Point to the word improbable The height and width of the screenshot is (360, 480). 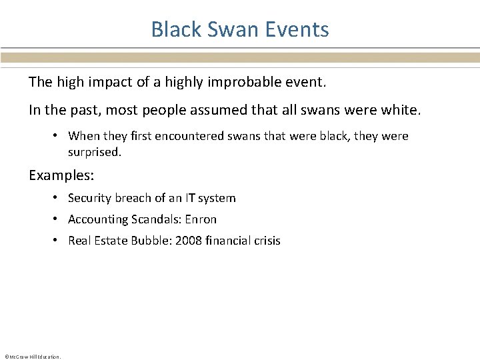[x=252, y=82]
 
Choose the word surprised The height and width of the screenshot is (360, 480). [x=93, y=152]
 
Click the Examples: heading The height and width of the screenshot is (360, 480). [x=61, y=175]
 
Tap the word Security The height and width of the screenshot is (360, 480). [x=90, y=198]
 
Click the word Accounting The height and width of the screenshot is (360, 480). [x=97, y=219]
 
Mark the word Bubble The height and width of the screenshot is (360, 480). [x=151, y=241]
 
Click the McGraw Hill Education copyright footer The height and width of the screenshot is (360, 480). [x=33, y=357]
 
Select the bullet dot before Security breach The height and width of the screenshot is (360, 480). [x=59, y=198]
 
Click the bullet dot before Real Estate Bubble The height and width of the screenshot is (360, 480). [x=59, y=241]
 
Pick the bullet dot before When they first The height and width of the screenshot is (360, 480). [x=59, y=136]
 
